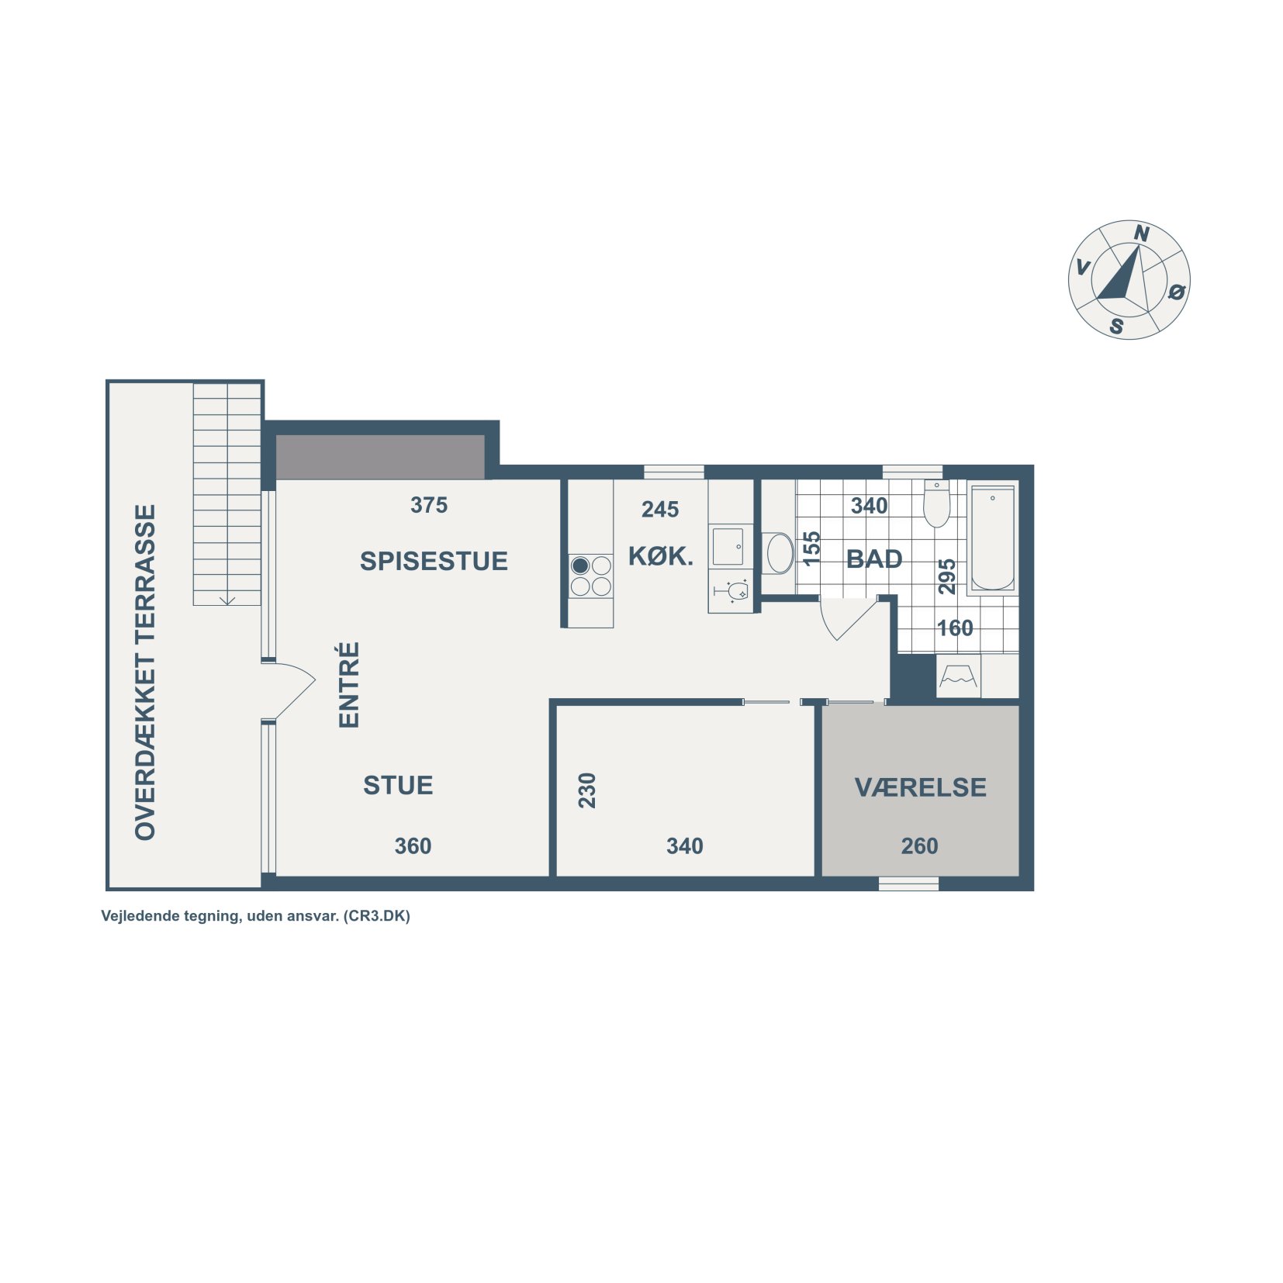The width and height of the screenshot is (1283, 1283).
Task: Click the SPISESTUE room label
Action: (x=434, y=561)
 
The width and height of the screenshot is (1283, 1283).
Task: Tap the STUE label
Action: (x=398, y=785)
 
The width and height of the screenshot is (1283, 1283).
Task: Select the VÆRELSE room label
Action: (x=920, y=787)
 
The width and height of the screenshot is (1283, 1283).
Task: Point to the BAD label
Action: (x=874, y=559)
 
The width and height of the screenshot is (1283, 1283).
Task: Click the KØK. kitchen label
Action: (x=660, y=556)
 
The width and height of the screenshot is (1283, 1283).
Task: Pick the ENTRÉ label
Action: (x=349, y=684)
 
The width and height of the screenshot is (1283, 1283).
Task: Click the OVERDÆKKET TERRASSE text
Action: (x=145, y=672)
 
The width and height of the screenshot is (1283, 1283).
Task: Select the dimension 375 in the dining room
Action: (x=429, y=505)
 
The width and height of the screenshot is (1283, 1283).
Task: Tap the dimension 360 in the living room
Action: (x=413, y=846)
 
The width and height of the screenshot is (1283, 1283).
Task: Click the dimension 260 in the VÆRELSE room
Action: (x=919, y=846)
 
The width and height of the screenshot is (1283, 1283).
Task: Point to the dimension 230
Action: (x=587, y=790)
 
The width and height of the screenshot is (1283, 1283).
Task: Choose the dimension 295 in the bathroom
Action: (x=947, y=576)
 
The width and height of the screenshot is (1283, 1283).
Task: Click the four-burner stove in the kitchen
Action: (x=591, y=576)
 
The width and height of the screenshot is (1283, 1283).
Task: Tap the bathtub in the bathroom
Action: (x=992, y=539)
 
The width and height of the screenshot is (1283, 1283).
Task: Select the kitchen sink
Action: (x=728, y=546)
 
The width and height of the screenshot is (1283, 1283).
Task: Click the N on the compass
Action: (x=1141, y=233)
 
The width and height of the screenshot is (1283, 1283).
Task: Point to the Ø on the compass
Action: (x=1177, y=292)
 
